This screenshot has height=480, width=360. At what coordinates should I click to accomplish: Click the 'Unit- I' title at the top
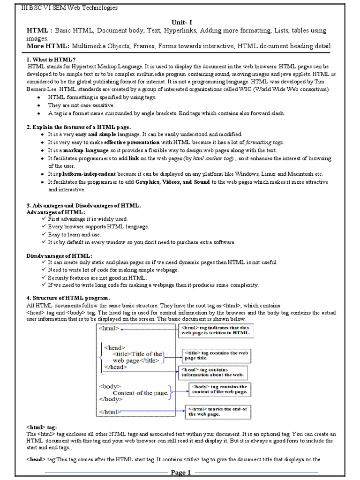click(x=180, y=22)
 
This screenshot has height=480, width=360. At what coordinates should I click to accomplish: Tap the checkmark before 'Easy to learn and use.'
click(x=44, y=234)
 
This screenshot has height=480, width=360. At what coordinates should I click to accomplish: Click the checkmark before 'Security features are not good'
click(x=44, y=277)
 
